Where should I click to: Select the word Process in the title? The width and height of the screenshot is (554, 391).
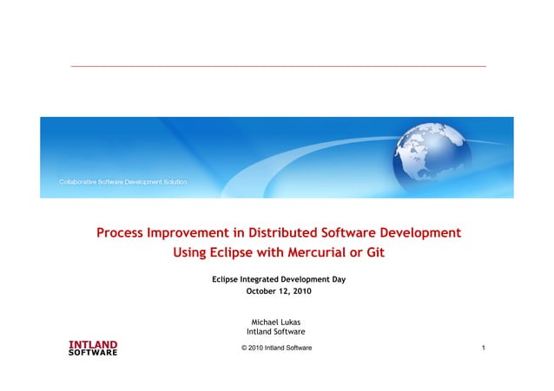click(121, 232)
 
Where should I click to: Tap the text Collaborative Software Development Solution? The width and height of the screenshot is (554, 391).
click(122, 183)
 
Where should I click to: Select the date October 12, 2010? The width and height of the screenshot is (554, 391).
click(279, 291)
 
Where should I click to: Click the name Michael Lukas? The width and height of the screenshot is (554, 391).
click(275, 322)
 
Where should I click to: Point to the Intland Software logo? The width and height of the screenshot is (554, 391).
click(92, 349)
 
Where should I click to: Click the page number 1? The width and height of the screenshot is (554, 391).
click(482, 348)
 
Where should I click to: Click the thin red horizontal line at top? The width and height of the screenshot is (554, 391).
click(278, 66)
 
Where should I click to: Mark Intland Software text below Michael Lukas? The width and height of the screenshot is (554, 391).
click(275, 332)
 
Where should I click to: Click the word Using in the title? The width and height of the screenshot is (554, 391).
click(193, 253)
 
